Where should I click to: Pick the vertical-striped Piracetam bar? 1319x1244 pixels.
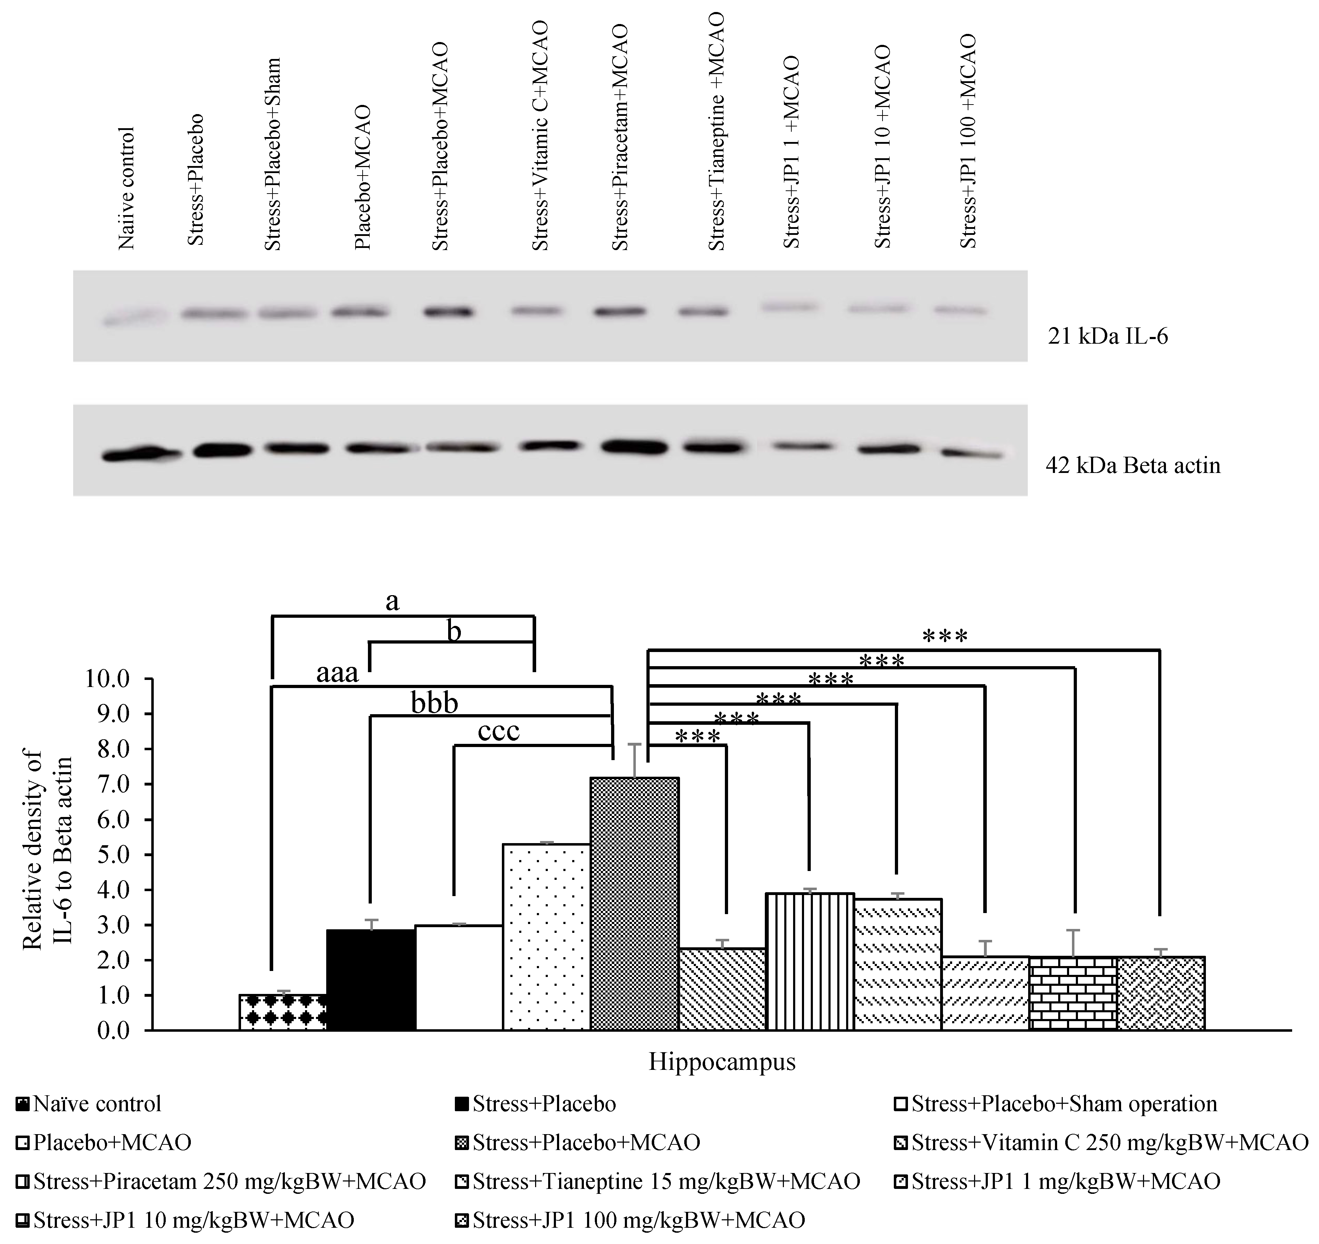tap(809, 961)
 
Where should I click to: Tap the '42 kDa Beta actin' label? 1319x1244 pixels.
tap(1132, 466)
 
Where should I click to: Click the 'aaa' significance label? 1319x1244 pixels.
tap(337, 674)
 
